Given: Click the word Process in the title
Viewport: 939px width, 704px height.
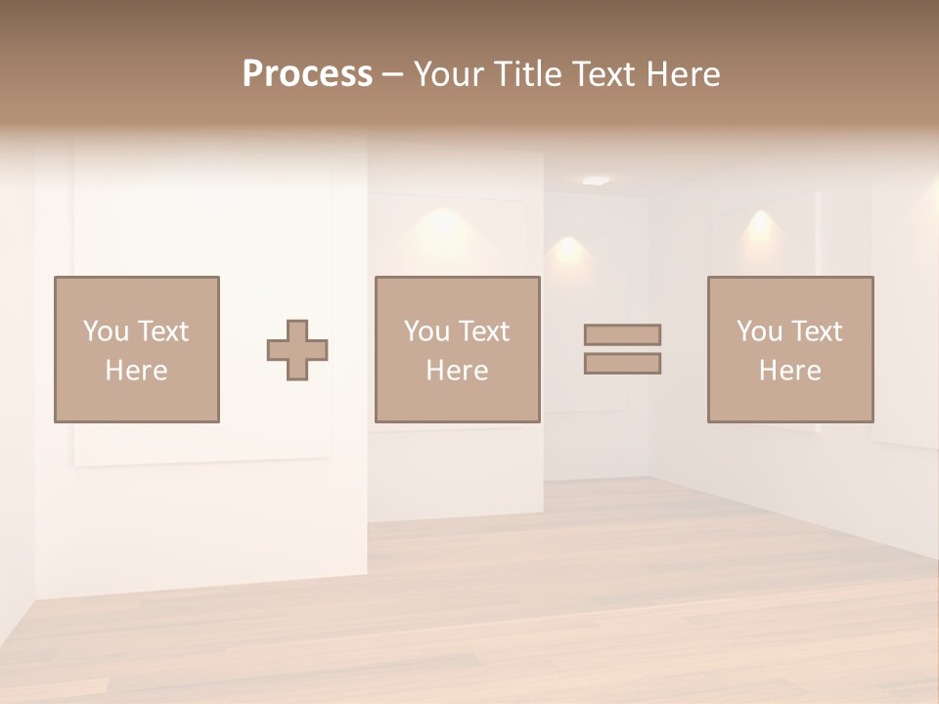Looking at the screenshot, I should [307, 74].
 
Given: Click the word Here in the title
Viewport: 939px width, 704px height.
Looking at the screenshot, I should [684, 74].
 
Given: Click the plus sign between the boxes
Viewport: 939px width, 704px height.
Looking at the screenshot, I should [297, 350].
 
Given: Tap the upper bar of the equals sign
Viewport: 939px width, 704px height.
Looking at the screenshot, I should [622, 334].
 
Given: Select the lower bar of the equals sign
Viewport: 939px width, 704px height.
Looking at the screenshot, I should [622, 363].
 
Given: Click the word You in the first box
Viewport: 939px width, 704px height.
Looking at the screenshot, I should [106, 331].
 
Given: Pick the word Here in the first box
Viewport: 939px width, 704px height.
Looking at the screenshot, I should [136, 371].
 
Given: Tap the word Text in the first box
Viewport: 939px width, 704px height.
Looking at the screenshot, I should [162, 331].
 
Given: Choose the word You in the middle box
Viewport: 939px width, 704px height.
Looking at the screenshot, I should [426, 331].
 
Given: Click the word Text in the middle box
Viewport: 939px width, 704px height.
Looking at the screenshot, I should [483, 331].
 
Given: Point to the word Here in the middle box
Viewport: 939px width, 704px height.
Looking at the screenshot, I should [457, 371].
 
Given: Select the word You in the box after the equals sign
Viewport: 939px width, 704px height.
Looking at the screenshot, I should [759, 331].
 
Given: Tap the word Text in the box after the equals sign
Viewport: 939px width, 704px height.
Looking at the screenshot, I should [816, 331].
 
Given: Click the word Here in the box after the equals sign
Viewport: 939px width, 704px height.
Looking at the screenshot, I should [789, 371].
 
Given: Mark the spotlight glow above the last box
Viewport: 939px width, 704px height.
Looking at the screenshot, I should [760, 227].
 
